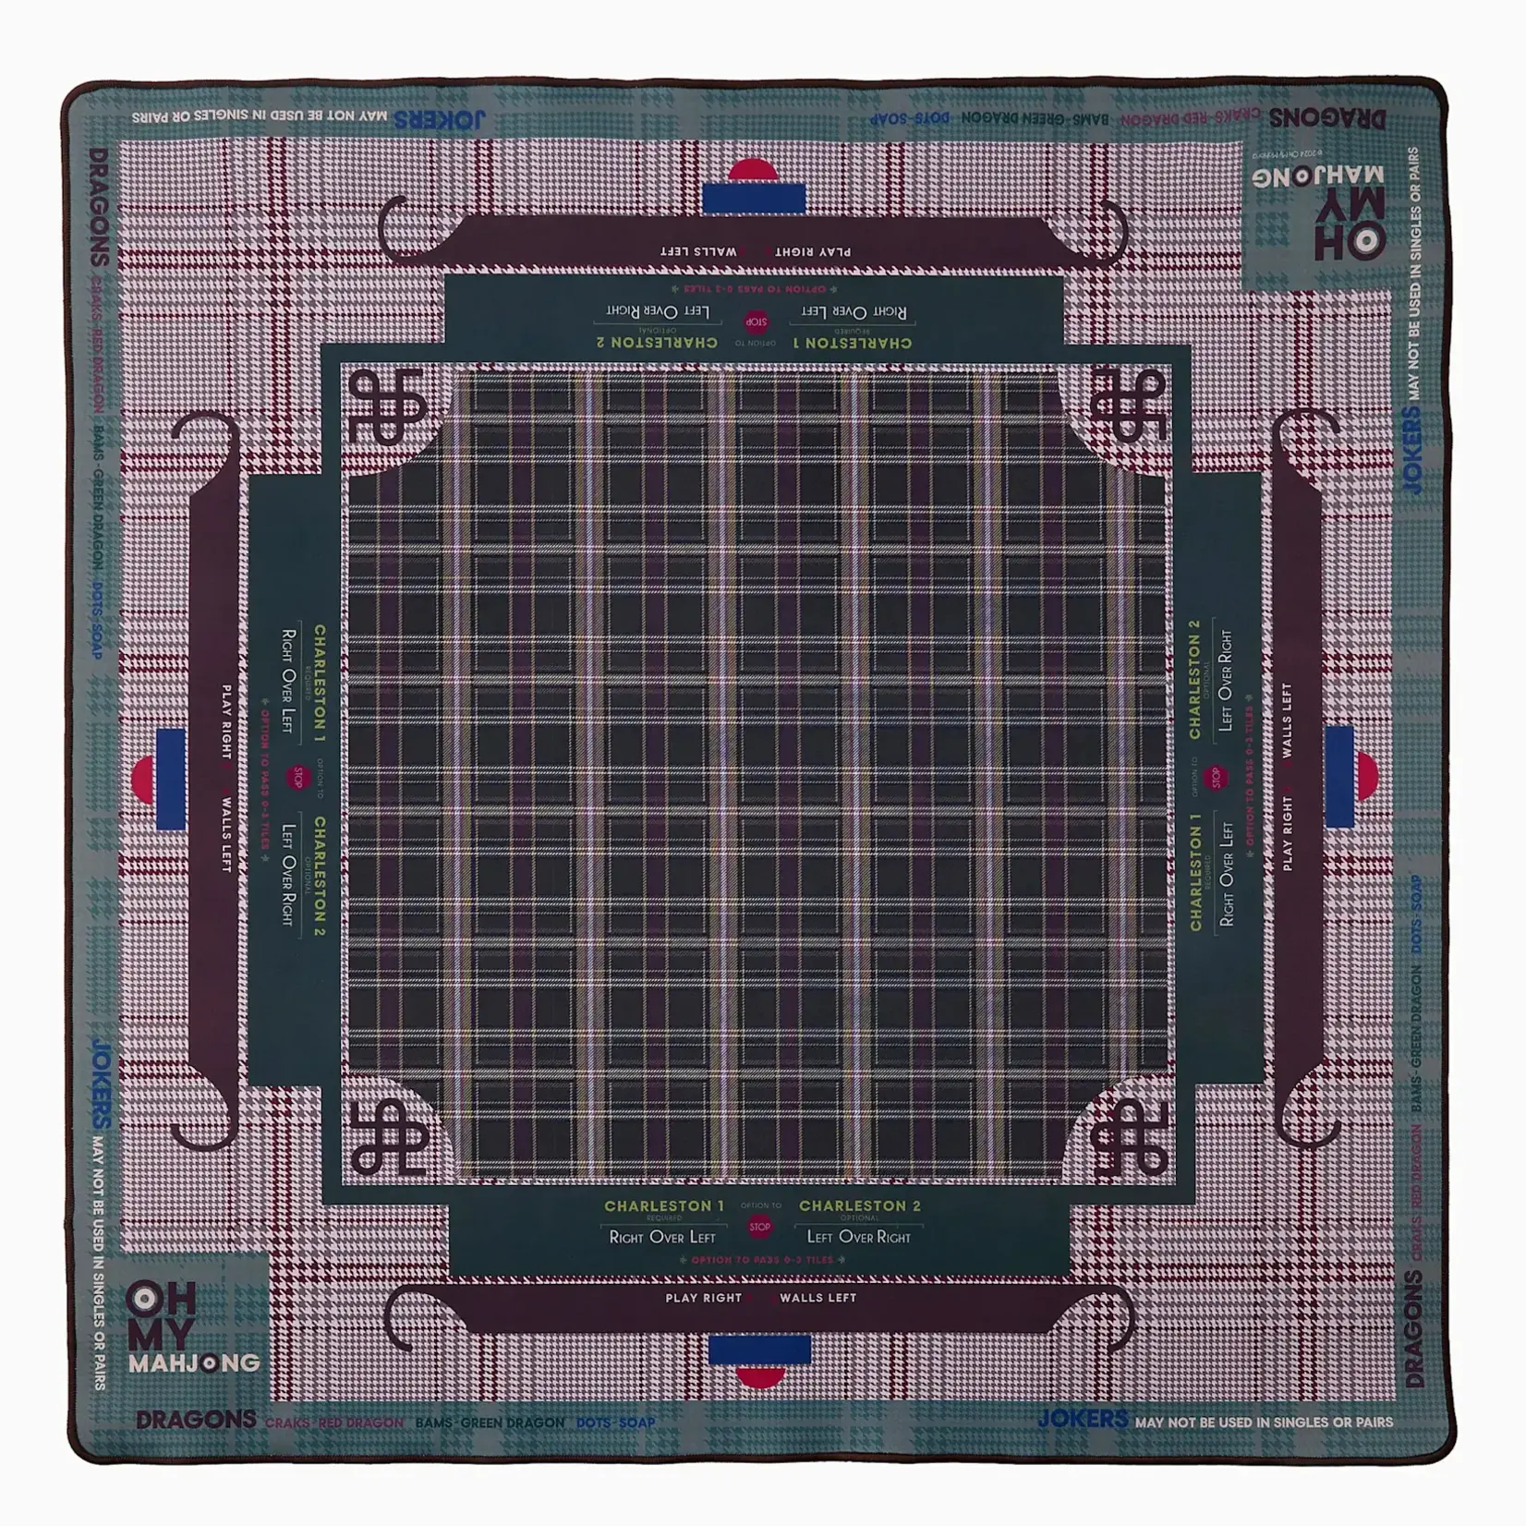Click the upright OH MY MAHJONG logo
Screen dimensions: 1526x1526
[x=192, y=1326]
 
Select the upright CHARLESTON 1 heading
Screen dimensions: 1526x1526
[x=663, y=1205]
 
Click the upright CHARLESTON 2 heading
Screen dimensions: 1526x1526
[x=859, y=1205]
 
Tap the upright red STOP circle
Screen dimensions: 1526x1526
[x=759, y=1227]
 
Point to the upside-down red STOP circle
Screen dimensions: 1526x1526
[x=756, y=322]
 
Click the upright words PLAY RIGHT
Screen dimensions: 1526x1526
[x=703, y=1298]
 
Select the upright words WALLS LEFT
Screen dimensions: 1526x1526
[x=817, y=1298]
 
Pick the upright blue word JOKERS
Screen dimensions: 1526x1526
[x=1082, y=1419]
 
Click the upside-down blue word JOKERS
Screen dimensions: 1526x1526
[x=439, y=119]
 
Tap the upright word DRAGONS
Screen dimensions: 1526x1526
[x=196, y=1420]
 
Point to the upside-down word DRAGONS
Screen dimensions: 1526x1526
[x=1326, y=118]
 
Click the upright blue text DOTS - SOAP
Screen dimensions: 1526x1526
[x=615, y=1423]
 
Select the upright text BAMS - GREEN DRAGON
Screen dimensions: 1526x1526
[x=490, y=1423]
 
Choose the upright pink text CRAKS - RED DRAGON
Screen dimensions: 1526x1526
[x=333, y=1423]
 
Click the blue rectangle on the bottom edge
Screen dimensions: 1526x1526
[x=759, y=1350]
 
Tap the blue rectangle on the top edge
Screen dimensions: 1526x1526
[x=754, y=198]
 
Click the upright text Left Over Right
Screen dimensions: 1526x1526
[x=858, y=1237]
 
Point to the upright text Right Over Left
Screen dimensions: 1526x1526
[x=662, y=1237]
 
